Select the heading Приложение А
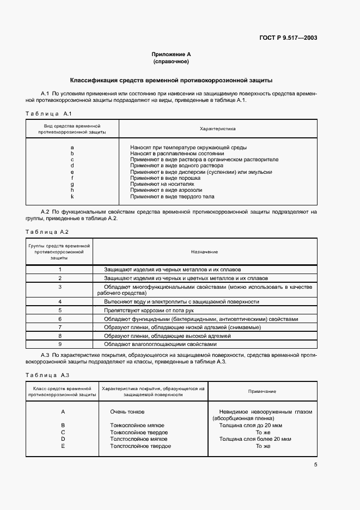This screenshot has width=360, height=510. point(171,54)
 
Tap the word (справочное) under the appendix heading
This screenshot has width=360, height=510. point(171,62)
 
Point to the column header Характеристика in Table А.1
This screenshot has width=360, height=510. point(218,129)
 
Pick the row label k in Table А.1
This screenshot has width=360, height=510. point(72,196)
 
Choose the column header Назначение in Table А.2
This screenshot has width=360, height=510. point(204,252)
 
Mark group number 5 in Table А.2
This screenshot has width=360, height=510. point(60,309)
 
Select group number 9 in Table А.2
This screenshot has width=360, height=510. point(60,344)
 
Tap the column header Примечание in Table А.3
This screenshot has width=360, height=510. point(262,391)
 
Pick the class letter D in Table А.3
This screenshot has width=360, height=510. point(63,439)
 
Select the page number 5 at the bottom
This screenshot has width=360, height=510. point(315,465)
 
